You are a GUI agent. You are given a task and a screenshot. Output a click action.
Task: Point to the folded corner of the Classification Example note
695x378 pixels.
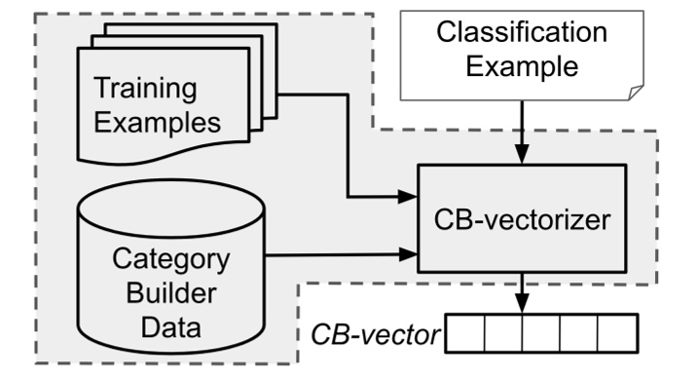(635, 92)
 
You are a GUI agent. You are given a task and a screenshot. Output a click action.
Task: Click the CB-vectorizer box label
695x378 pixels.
(522, 219)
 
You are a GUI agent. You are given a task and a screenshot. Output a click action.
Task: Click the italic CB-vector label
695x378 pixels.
(375, 336)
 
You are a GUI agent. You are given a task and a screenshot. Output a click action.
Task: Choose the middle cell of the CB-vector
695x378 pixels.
(541, 333)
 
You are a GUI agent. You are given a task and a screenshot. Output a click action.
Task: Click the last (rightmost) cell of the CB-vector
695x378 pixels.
(616, 333)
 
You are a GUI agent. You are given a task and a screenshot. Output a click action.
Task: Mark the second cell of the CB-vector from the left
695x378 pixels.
(503, 333)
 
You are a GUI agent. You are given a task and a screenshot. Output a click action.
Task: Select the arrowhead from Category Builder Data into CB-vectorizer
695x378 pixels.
(408, 256)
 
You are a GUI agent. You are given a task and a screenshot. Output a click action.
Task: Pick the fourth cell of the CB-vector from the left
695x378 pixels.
(579, 333)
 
